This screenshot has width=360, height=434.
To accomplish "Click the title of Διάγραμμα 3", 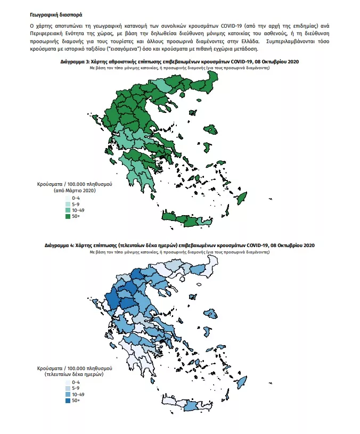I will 180,62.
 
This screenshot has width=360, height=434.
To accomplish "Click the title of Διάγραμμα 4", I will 180,245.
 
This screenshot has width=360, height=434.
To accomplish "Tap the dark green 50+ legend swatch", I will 68,217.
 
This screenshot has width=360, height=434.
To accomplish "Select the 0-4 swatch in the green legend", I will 68,198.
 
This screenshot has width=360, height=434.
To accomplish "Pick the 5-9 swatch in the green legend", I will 68,204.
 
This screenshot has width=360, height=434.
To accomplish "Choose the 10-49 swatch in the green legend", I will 68,210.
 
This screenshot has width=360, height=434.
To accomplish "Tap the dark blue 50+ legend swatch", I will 68,400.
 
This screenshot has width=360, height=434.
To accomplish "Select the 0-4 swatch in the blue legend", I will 68,382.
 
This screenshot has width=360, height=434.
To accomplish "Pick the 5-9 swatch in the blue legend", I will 68,388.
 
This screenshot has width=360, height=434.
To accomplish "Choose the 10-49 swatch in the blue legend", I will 68,394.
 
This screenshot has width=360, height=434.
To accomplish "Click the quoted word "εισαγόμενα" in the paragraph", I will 120,48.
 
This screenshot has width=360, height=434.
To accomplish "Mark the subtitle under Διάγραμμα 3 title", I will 180,68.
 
